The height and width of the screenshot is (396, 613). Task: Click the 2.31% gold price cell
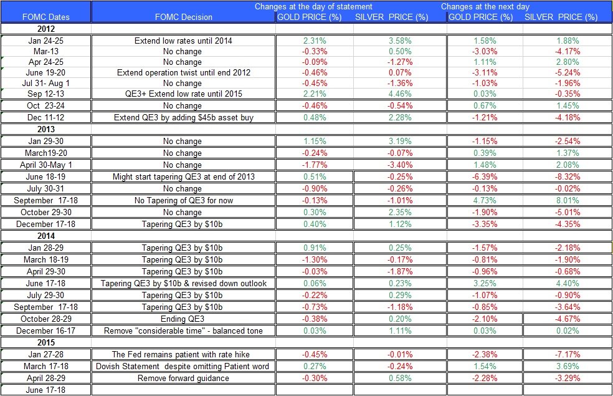click(x=309, y=41)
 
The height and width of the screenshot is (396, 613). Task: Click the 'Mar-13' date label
click(x=46, y=51)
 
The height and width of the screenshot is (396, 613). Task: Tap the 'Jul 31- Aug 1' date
click(x=46, y=83)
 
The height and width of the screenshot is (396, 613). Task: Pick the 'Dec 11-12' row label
click(x=46, y=117)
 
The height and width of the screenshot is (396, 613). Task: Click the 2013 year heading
click(x=46, y=129)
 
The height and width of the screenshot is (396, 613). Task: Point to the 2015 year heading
click(x=46, y=342)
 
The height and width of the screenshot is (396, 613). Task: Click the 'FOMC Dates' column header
click(x=46, y=17)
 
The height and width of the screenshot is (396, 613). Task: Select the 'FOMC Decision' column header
click(x=183, y=17)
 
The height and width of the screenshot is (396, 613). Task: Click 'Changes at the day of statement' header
click(x=314, y=7)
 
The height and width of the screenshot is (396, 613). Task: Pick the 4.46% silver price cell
click(x=391, y=94)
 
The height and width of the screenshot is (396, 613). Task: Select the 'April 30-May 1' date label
click(x=46, y=165)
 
